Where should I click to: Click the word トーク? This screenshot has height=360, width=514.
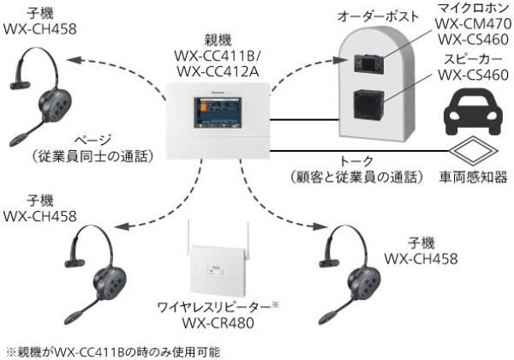[356, 162]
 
